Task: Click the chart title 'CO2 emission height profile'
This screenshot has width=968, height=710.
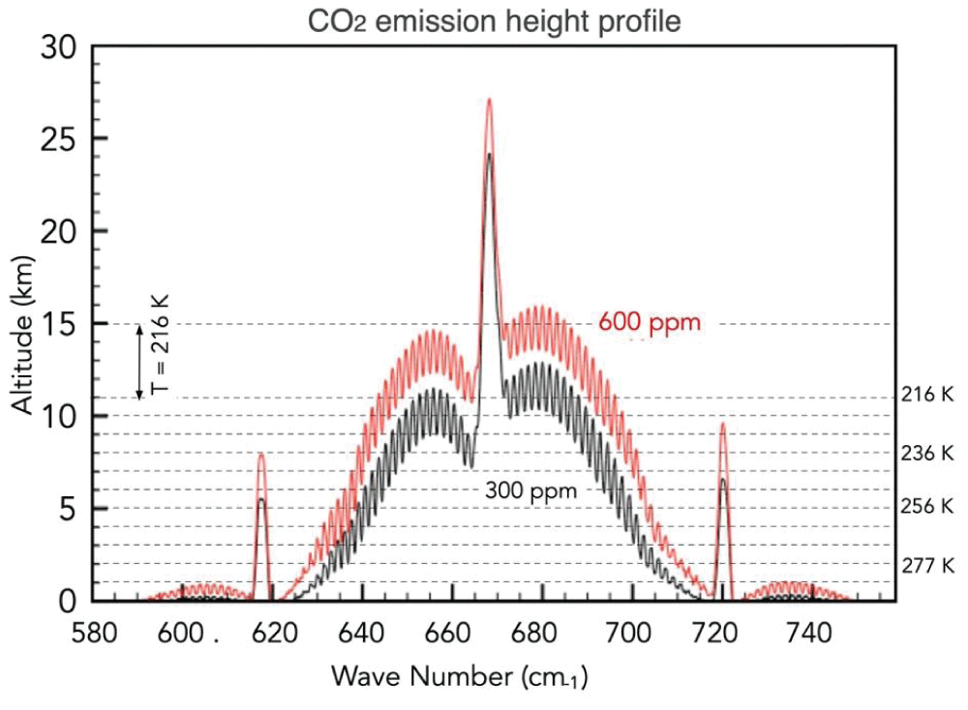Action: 494,18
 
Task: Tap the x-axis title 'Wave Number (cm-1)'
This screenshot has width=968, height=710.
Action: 460,677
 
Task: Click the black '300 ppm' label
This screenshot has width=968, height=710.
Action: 531,491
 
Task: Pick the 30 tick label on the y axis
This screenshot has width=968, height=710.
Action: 60,45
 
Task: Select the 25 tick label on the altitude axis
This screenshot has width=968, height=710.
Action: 60,138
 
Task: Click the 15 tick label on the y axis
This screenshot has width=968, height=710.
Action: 60,324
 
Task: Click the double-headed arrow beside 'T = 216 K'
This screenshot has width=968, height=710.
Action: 139,361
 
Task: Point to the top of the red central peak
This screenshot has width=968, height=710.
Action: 489,100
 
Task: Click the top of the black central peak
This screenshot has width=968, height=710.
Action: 489,155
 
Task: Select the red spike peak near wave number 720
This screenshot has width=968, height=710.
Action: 722,424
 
